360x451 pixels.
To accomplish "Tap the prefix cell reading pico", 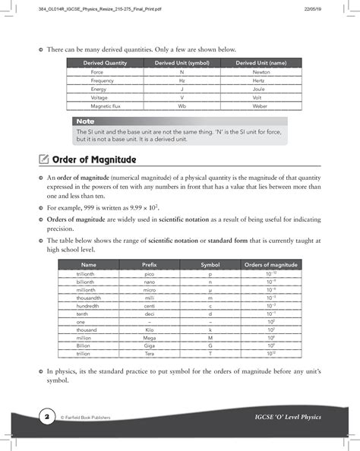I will (x=150, y=273).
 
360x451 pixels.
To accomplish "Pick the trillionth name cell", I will (x=88, y=273).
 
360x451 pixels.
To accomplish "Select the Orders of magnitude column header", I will (x=270, y=263).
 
